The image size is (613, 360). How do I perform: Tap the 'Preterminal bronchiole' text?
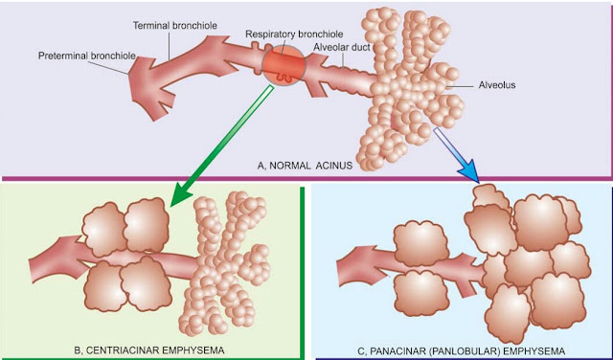pyautogui.click(x=85, y=56)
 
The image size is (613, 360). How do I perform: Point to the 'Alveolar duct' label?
pyautogui.click(x=344, y=47)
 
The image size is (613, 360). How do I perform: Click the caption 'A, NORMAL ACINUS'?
pyautogui.click(x=305, y=165)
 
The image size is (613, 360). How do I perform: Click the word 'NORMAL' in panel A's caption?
pyautogui.click(x=301, y=165)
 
